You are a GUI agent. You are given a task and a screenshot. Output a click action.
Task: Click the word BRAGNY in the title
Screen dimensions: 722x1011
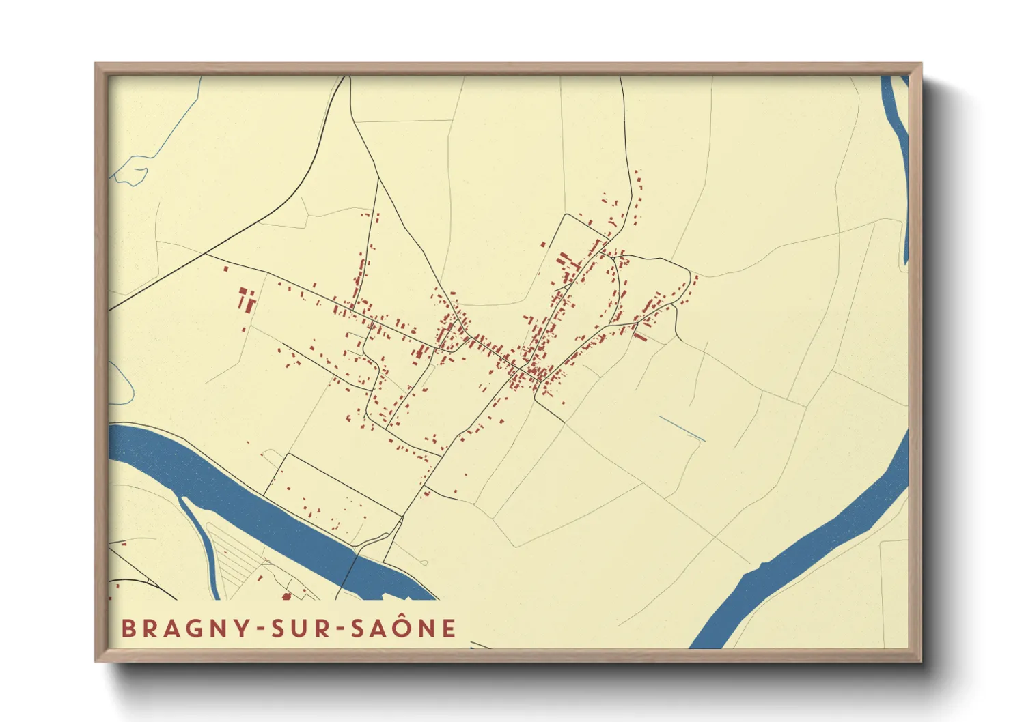pos(185,628)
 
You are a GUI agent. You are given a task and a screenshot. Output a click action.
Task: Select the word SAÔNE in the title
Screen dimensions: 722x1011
pos(403,628)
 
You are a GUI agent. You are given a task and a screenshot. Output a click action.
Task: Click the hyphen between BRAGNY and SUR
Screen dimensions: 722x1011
pos(260,629)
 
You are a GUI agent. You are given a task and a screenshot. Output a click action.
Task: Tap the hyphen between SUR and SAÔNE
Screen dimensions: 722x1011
pos(341,629)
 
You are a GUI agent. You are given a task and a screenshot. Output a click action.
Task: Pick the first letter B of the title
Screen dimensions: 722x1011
pos(128,629)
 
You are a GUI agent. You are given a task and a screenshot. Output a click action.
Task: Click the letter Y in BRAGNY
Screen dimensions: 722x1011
pos(242,629)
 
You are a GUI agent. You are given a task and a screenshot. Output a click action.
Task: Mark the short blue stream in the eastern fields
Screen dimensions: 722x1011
pos(682,428)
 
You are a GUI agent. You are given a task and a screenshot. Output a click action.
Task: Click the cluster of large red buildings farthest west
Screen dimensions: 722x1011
pos(246,300)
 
